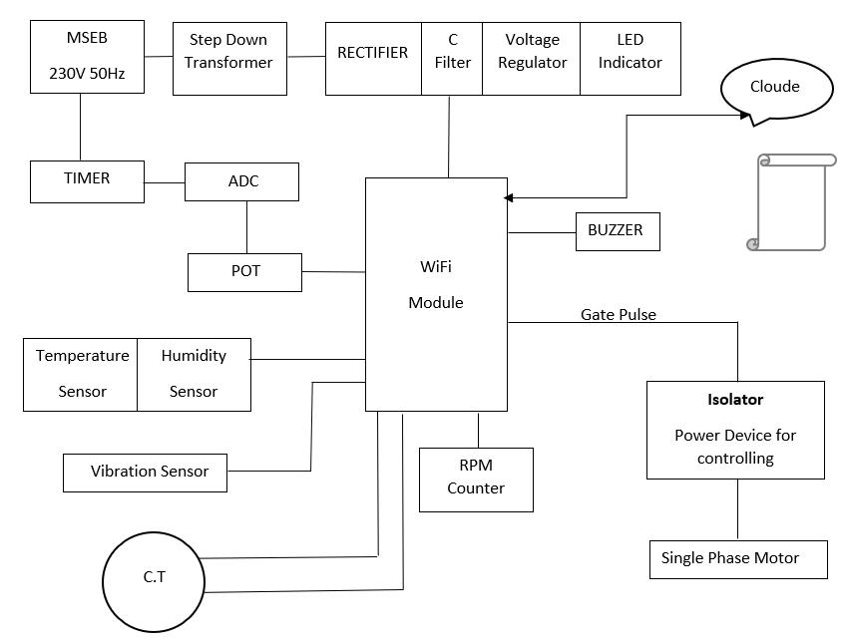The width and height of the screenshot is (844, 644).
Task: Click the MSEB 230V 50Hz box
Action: coord(88,56)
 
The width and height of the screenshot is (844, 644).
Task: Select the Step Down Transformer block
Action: coord(229,59)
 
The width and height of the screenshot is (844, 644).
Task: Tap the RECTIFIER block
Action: coord(373,59)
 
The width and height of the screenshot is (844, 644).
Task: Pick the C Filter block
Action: coord(452,59)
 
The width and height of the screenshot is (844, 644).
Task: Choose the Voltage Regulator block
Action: coord(531,59)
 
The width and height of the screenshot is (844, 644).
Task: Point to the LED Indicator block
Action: coord(630,59)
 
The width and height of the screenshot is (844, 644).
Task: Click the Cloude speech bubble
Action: coord(775,88)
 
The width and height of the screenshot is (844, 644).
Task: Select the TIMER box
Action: coord(87,180)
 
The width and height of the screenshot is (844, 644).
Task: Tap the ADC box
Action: coord(242,181)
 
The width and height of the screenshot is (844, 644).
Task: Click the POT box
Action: coord(244,272)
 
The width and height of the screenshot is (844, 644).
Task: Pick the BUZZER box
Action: coord(617,231)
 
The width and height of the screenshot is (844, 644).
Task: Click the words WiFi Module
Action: coord(436,284)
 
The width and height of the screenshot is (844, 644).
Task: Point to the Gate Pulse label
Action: coord(619,314)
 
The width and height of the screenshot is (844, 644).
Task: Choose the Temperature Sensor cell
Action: coord(81,374)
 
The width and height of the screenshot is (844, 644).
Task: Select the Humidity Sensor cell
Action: coord(194,374)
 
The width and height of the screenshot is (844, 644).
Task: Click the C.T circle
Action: coord(154,581)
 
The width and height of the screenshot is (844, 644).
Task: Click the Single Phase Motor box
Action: coord(737,559)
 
